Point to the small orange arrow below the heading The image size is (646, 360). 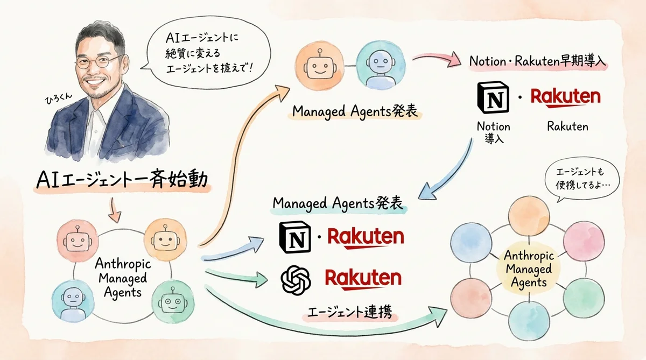[x=115, y=209]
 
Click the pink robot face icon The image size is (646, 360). [x=76, y=240]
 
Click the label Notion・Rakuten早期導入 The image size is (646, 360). [x=538, y=61]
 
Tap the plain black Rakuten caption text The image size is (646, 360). [x=567, y=126]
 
